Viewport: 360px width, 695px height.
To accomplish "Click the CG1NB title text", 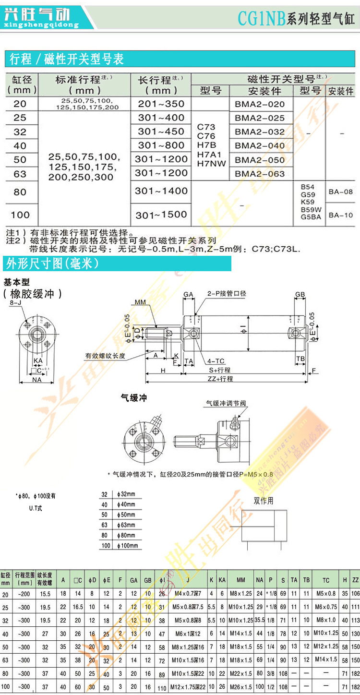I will [x=262, y=19].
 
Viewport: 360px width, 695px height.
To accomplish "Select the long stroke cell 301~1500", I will [x=161, y=215].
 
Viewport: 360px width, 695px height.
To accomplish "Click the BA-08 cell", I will [x=341, y=192].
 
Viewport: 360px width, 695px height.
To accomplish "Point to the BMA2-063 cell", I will [x=260, y=174].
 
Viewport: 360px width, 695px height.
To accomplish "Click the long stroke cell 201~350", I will [x=161, y=104].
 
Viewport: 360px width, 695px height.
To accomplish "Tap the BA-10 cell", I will [x=341, y=215].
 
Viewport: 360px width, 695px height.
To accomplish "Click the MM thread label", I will [x=140, y=302].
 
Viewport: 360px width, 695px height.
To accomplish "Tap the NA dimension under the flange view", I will [x=36, y=379].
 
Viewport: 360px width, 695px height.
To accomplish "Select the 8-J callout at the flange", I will [x=15, y=303].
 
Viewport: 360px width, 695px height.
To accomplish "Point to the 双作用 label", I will [x=264, y=501].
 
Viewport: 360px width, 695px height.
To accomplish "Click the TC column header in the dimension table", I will [x=326, y=580].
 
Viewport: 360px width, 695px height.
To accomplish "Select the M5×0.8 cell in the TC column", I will [x=326, y=594].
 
